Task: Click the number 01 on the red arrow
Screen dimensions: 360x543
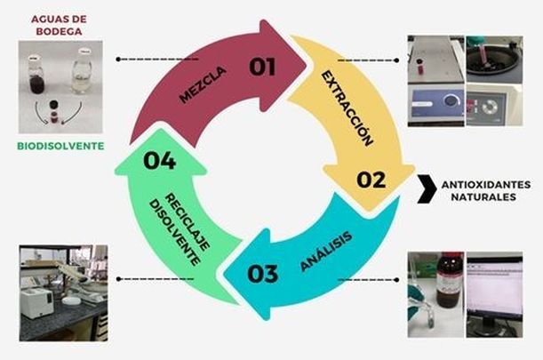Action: [x=262, y=67]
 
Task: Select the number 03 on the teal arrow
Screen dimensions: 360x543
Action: [x=263, y=273]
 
